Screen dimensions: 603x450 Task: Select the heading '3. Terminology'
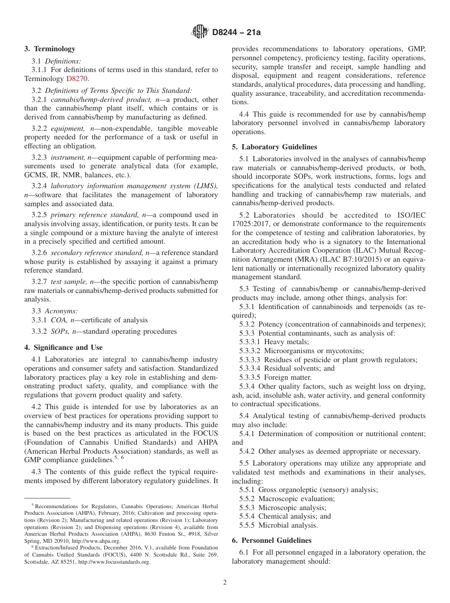point(49,49)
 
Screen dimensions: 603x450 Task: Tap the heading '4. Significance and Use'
point(63,347)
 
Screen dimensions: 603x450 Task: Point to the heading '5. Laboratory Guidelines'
point(274,147)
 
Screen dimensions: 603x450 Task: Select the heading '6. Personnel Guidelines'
point(271,540)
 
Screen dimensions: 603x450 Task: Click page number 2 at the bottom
point(225,583)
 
